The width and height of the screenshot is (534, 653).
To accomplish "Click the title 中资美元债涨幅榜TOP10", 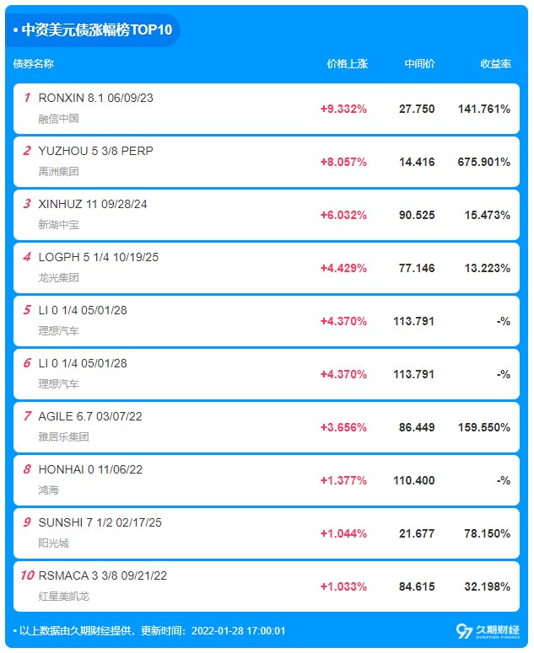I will pos(97,30).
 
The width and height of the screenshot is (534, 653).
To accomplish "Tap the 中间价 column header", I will pos(419,64).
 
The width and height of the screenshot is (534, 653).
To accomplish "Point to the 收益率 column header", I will pos(495,64).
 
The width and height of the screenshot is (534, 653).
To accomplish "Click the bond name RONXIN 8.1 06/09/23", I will pos(96,98).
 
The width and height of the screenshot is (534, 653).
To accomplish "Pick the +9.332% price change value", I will pos(343,109).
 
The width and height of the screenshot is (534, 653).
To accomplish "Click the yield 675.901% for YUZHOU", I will pos(484,162).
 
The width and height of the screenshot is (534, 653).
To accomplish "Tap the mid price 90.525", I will pos(417,215).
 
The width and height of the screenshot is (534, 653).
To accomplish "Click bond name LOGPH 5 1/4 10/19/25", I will pos(98,257).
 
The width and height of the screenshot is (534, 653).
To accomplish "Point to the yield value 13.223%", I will pos(487,268).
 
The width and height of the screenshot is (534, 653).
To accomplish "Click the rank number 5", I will pos(27,310).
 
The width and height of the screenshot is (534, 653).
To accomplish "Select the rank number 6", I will pos(27,363).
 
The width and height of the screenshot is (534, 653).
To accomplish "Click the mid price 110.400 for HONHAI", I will pos(414,480).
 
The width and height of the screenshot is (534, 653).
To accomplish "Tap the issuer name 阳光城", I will pos(53,543).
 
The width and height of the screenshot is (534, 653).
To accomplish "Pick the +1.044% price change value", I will pos(343,533).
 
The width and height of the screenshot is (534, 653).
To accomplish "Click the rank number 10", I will pos(27,575).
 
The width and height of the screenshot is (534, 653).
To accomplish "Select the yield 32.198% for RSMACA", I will pos(487,586).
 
